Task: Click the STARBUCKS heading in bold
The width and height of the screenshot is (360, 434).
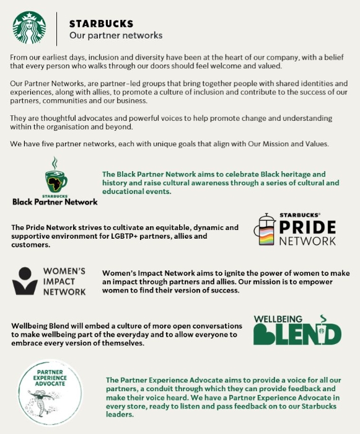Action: click(x=101, y=24)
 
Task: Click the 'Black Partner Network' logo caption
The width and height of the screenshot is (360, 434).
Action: click(x=55, y=201)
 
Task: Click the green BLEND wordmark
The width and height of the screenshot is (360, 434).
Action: click(x=297, y=333)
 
